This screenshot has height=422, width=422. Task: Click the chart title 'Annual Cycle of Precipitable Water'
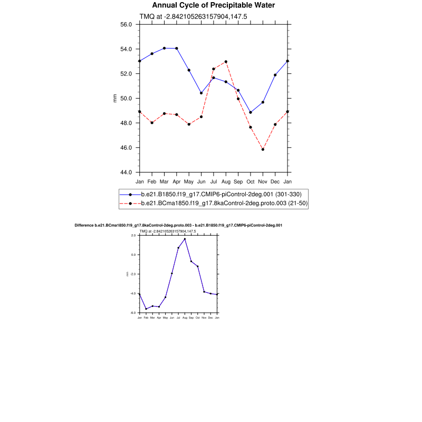point(214,5)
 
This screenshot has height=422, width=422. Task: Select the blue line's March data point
point(164,48)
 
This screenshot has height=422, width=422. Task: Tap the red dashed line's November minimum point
point(263,149)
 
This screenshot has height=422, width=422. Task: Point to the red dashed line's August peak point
point(226,62)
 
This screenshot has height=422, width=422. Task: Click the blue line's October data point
point(251,112)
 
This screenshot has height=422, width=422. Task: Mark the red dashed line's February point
point(152,123)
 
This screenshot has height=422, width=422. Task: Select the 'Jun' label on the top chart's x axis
point(202,181)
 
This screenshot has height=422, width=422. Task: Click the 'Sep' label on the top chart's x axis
point(238,181)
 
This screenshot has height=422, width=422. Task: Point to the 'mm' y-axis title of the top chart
point(115,98)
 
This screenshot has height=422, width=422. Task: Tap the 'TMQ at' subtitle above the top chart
point(193,16)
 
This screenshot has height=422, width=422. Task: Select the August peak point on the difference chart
point(185,239)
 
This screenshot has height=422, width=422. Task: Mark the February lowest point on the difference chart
point(146,309)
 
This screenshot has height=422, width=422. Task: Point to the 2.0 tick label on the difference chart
point(133,235)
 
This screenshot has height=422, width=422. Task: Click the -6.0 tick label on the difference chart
point(133,313)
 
